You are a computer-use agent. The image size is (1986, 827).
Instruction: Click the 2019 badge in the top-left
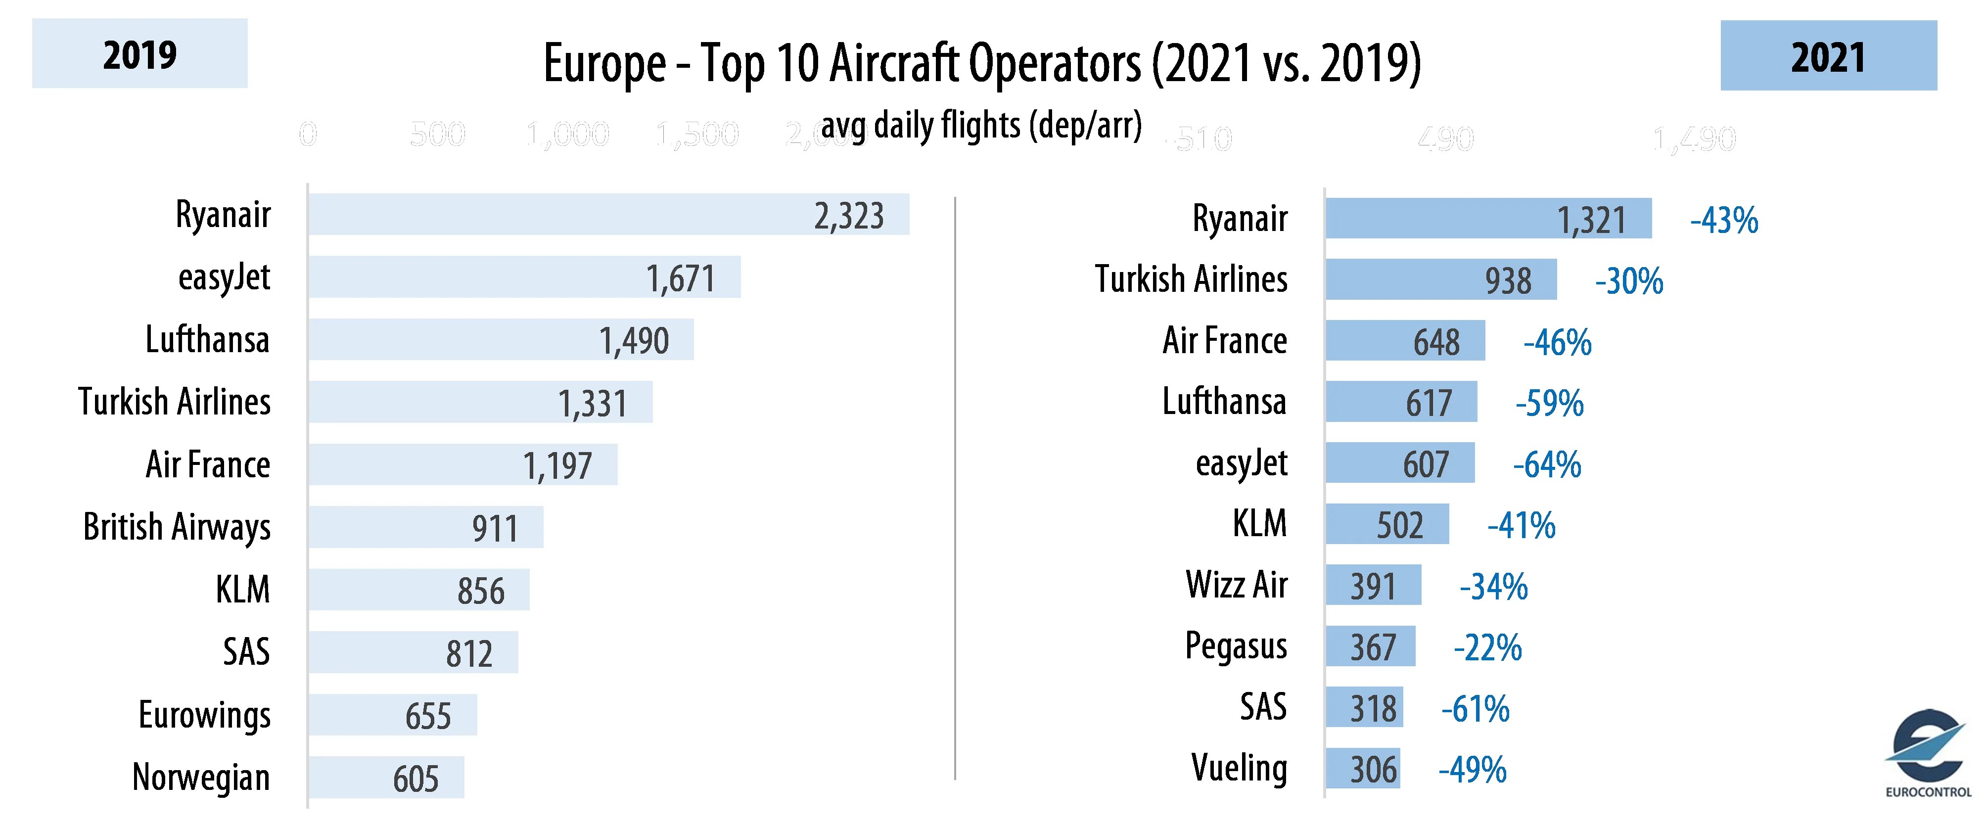[139, 54]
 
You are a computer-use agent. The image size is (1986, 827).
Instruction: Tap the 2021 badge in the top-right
[1828, 56]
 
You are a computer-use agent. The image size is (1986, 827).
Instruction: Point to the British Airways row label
[177, 527]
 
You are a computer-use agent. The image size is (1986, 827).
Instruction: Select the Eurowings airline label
[204, 714]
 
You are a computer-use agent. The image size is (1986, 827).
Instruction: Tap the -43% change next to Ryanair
[1724, 221]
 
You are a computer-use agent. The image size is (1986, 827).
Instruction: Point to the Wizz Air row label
[1237, 585]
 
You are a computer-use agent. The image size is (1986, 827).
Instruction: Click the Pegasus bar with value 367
[1370, 646]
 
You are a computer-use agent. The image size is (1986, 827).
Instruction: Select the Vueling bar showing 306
[1362, 769]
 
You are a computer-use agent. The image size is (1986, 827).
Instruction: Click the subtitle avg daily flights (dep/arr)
[981, 125]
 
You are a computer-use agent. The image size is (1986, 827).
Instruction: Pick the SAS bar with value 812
[413, 652]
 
